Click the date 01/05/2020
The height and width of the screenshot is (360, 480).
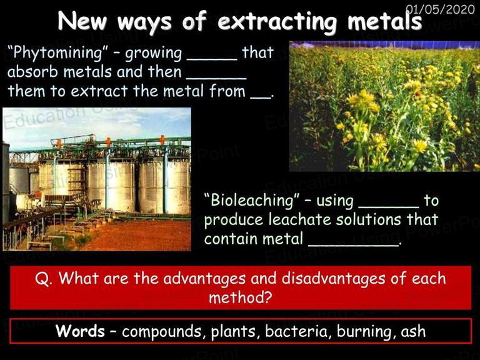click(440, 9)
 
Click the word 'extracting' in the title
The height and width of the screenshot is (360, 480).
click(277, 21)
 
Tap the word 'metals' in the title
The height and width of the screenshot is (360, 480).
click(384, 21)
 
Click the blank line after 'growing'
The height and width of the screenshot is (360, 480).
click(212, 59)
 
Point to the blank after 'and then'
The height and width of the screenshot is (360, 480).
click(216, 79)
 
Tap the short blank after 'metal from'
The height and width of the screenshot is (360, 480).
click(261, 98)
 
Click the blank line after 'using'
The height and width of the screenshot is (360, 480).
click(389, 208)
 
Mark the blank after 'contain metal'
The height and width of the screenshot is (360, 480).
click(353, 246)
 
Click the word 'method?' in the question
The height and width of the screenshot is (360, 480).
click(241, 297)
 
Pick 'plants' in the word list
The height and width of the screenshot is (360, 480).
click(233, 332)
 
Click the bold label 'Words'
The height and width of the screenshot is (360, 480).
click(80, 331)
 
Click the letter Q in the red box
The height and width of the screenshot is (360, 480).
click(42, 279)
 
